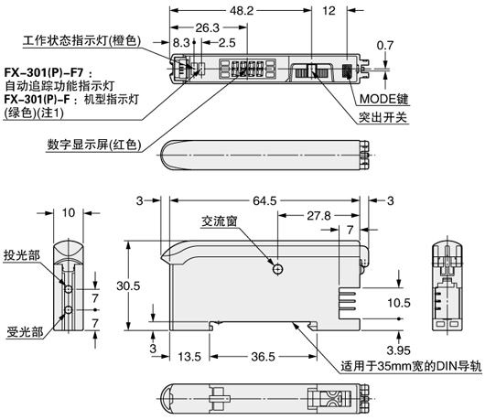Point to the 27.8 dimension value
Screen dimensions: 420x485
coord(318,216)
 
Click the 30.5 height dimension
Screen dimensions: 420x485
coord(130,285)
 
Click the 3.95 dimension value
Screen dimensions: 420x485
coord(399,350)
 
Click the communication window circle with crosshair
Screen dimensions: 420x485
coord(277,266)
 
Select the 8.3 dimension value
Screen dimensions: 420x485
coord(179,42)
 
